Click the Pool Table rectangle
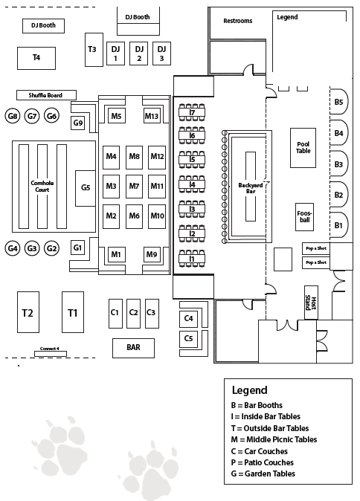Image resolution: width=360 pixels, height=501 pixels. tap(303, 148)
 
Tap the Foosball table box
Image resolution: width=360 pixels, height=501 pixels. tap(304, 217)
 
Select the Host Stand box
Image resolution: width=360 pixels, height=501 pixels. tap(311, 303)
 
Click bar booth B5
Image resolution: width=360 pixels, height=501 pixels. tap(338, 102)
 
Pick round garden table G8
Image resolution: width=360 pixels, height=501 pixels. tap(13, 116)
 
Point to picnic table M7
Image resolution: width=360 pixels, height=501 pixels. tap(134, 186)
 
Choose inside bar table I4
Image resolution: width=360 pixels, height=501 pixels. tap(192, 184)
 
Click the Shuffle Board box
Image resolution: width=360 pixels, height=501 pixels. tap(46, 95)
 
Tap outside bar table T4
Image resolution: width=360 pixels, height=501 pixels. tap(36, 58)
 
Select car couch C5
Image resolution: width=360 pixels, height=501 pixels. tap(188, 338)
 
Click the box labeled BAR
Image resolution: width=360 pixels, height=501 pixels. tap(133, 348)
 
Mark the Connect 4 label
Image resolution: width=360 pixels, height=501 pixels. tap(50, 349)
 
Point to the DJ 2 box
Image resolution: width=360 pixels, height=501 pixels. tap(139, 54)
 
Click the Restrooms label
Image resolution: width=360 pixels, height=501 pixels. tap(237, 21)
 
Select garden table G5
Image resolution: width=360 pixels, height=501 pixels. tap(86, 188)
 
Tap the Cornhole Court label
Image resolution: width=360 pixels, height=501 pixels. tap(42, 187)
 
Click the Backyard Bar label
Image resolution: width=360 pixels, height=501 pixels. tap(251, 188)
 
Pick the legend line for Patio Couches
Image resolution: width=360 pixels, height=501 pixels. tap(262, 462)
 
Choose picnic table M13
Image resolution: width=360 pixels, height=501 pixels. tap(152, 116)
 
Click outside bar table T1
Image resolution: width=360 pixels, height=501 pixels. tap(73, 312)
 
